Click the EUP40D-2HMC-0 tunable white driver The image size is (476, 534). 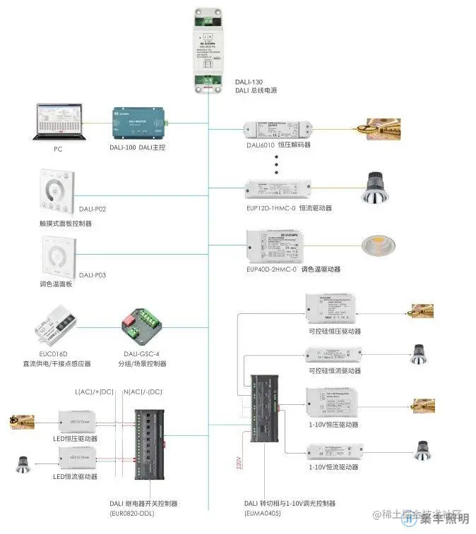tap(277, 245)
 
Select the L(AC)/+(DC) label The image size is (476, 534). tap(93, 392)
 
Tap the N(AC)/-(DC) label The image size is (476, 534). tap(143, 392)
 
